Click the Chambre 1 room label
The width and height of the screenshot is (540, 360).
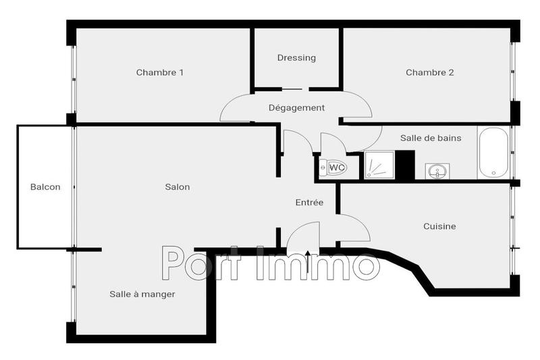point(160,73)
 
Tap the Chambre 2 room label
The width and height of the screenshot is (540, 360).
point(429,73)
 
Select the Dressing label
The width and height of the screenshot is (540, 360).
point(296,58)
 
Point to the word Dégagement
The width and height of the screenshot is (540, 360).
point(296,108)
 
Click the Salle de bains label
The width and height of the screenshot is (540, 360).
point(431,138)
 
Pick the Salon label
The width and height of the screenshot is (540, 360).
point(178,187)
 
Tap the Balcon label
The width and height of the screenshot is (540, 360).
point(45,187)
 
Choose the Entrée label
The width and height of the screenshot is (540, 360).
point(310,203)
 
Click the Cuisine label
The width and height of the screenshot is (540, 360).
point(439,226)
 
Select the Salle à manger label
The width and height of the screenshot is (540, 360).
point(142,294)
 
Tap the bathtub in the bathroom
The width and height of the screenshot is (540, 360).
point(493,152)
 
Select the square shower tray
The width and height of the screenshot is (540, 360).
point(379,165)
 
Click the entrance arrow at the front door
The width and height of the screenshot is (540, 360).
point(308,260)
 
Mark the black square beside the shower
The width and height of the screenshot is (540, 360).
point(405,165)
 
